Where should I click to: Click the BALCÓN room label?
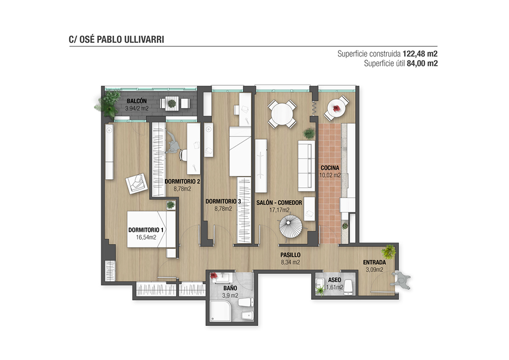136,101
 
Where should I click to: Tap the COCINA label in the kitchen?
330,168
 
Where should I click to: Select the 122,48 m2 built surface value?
420,53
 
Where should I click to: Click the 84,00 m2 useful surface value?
422,63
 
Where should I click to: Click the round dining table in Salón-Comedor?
282,114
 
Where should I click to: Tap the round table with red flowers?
337,108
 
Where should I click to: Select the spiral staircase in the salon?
291,227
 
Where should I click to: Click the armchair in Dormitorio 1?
136,184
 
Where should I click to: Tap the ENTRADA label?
374,262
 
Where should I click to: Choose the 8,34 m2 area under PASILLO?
290,262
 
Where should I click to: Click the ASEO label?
334,280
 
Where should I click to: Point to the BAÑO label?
230,288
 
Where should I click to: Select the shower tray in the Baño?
220,312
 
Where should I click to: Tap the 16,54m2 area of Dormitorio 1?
146,237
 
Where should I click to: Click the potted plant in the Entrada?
388,251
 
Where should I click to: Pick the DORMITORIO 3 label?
223,202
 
